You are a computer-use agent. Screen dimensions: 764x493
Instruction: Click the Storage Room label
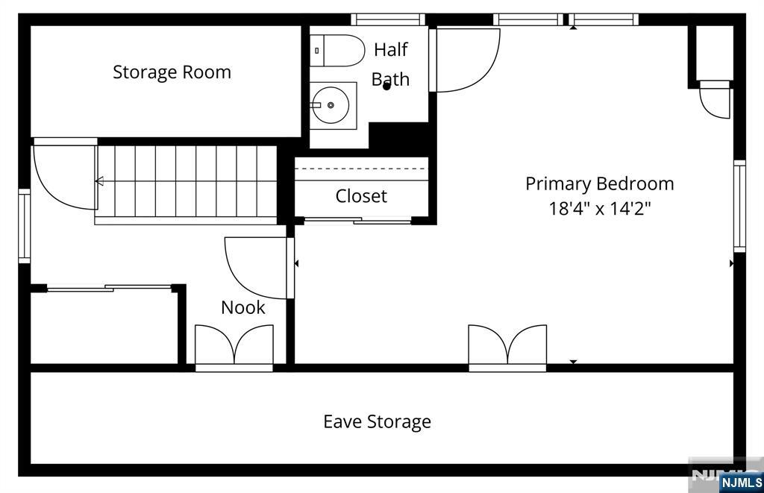(172, 72)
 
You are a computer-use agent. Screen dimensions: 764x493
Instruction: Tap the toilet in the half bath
(337, 51)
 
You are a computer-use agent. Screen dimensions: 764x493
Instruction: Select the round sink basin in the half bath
(331, 105)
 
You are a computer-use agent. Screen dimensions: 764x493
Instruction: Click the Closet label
(361, 196)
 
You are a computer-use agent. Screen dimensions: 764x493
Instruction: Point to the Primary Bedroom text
(600, 183)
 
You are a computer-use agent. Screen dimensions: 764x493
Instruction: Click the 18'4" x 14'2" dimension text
(600, 209)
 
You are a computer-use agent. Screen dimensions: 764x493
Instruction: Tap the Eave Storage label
(377, 421)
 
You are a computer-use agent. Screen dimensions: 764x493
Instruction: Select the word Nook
(243, 307)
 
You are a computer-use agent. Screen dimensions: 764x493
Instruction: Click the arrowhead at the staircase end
(99, 181)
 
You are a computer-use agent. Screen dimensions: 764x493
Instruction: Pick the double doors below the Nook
(234, 348)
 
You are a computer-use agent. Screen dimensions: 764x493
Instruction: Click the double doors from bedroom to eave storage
(507, 348)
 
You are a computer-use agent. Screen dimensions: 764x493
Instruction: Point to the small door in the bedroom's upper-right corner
(715, 99)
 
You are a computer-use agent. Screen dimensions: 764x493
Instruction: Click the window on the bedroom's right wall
(739, 206)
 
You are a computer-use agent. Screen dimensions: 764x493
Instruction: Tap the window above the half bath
(388, 19)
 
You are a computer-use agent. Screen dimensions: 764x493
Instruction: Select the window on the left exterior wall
(25, 226)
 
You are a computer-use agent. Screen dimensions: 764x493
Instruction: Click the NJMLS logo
(741, 483)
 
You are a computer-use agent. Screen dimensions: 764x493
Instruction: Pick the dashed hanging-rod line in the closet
(361, 169)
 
